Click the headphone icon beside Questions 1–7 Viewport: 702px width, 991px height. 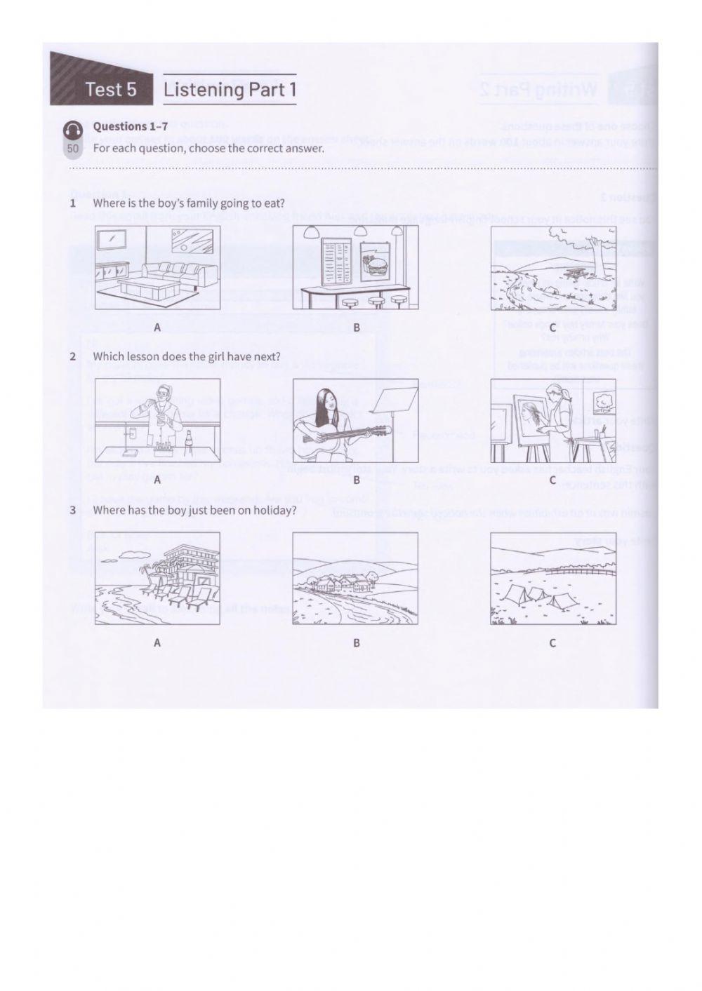(x=72, y=130)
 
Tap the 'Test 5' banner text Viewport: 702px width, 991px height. (x=110, y=90)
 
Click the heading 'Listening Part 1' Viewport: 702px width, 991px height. (x=230, y=90)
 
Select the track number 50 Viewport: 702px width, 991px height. (x=73, y=149)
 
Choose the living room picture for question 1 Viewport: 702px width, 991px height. (x=157, y=267)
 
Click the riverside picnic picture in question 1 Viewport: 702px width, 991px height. (x=552, y=267)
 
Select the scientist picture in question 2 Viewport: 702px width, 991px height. (x=157, y=421)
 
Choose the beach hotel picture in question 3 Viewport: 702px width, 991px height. (x=157, y=578)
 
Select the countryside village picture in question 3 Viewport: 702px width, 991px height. (x=355, y=578)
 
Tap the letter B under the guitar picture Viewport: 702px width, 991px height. (x=357, y=480)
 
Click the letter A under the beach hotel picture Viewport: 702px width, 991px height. (x=157, y=642)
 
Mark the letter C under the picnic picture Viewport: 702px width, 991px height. (x=552, y=328)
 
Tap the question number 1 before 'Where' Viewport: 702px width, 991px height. (x=72, y=203)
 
